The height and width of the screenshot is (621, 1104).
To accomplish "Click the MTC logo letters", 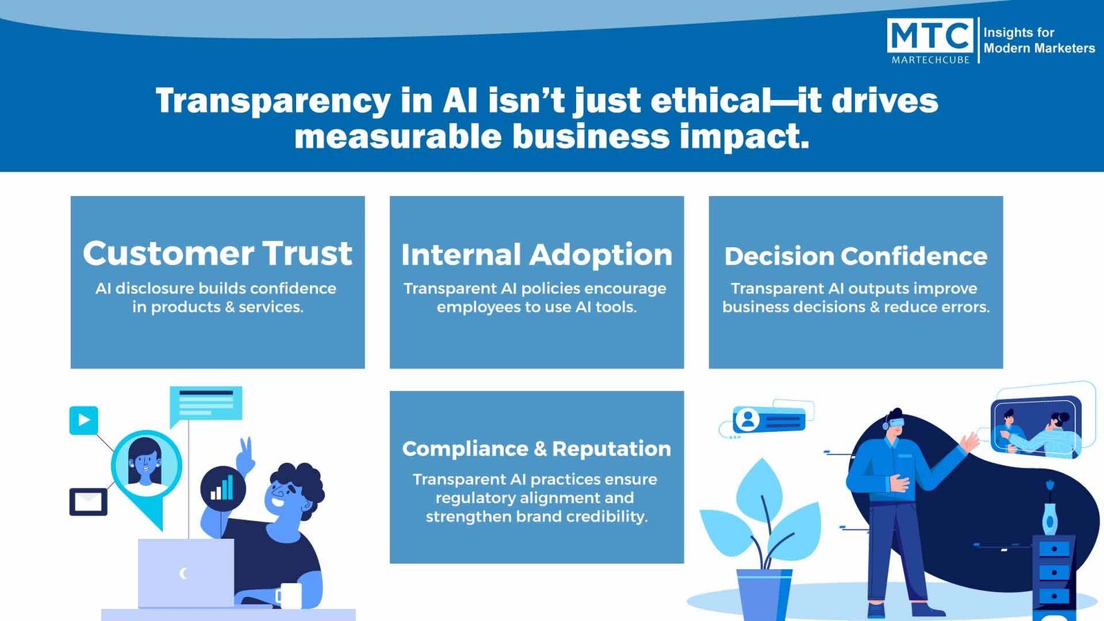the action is [x=930, y=35].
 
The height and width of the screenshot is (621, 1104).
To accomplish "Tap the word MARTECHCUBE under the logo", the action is [x=931, y=59].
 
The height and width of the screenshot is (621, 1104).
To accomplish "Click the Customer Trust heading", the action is [x=217, y=253].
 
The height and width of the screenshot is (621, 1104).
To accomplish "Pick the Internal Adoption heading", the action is [x=537, y=255].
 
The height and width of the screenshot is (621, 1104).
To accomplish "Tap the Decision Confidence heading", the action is [x=856, y=256].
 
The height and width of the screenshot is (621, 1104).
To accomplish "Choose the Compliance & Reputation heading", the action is [x=537, y=448].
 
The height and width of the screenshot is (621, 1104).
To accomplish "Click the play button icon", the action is [x=83, y=420].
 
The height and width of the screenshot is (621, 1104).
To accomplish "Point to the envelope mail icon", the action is [x=88, y=502].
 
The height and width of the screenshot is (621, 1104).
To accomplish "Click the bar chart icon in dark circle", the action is [x=224, y=489].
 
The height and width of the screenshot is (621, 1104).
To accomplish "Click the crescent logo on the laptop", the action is [x=184, y=573].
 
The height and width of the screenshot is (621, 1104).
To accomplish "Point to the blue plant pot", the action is [x=764, y=595].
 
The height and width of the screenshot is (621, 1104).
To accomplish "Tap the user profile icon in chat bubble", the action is [x=748, y=420].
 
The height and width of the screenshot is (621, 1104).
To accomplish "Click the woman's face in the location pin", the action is [x=145, y=463].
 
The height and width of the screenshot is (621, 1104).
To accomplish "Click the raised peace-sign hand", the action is [x=245, y=456].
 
